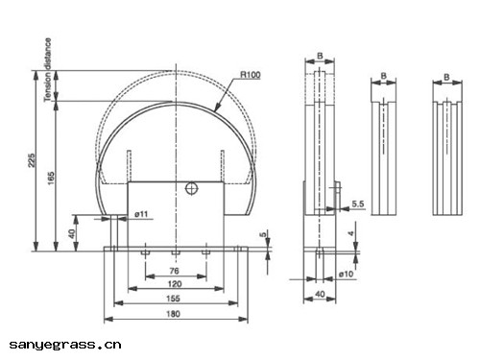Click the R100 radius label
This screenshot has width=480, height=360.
(x=251, y=75)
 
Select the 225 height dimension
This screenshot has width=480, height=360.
(x=32, y=160)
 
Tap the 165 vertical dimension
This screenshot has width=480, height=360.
(x=51, y=179)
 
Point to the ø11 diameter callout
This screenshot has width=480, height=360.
(x=141, y=214)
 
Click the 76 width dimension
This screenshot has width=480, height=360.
(x=174, y=271)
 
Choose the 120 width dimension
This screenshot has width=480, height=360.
(x=175, y=284)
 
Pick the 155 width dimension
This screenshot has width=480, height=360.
(x=173, y=299)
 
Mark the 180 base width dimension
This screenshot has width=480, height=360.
(x=173, y=314)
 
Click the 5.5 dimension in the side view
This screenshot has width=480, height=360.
(x=358, y=204)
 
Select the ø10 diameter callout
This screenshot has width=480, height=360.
(x=347, y=274)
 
